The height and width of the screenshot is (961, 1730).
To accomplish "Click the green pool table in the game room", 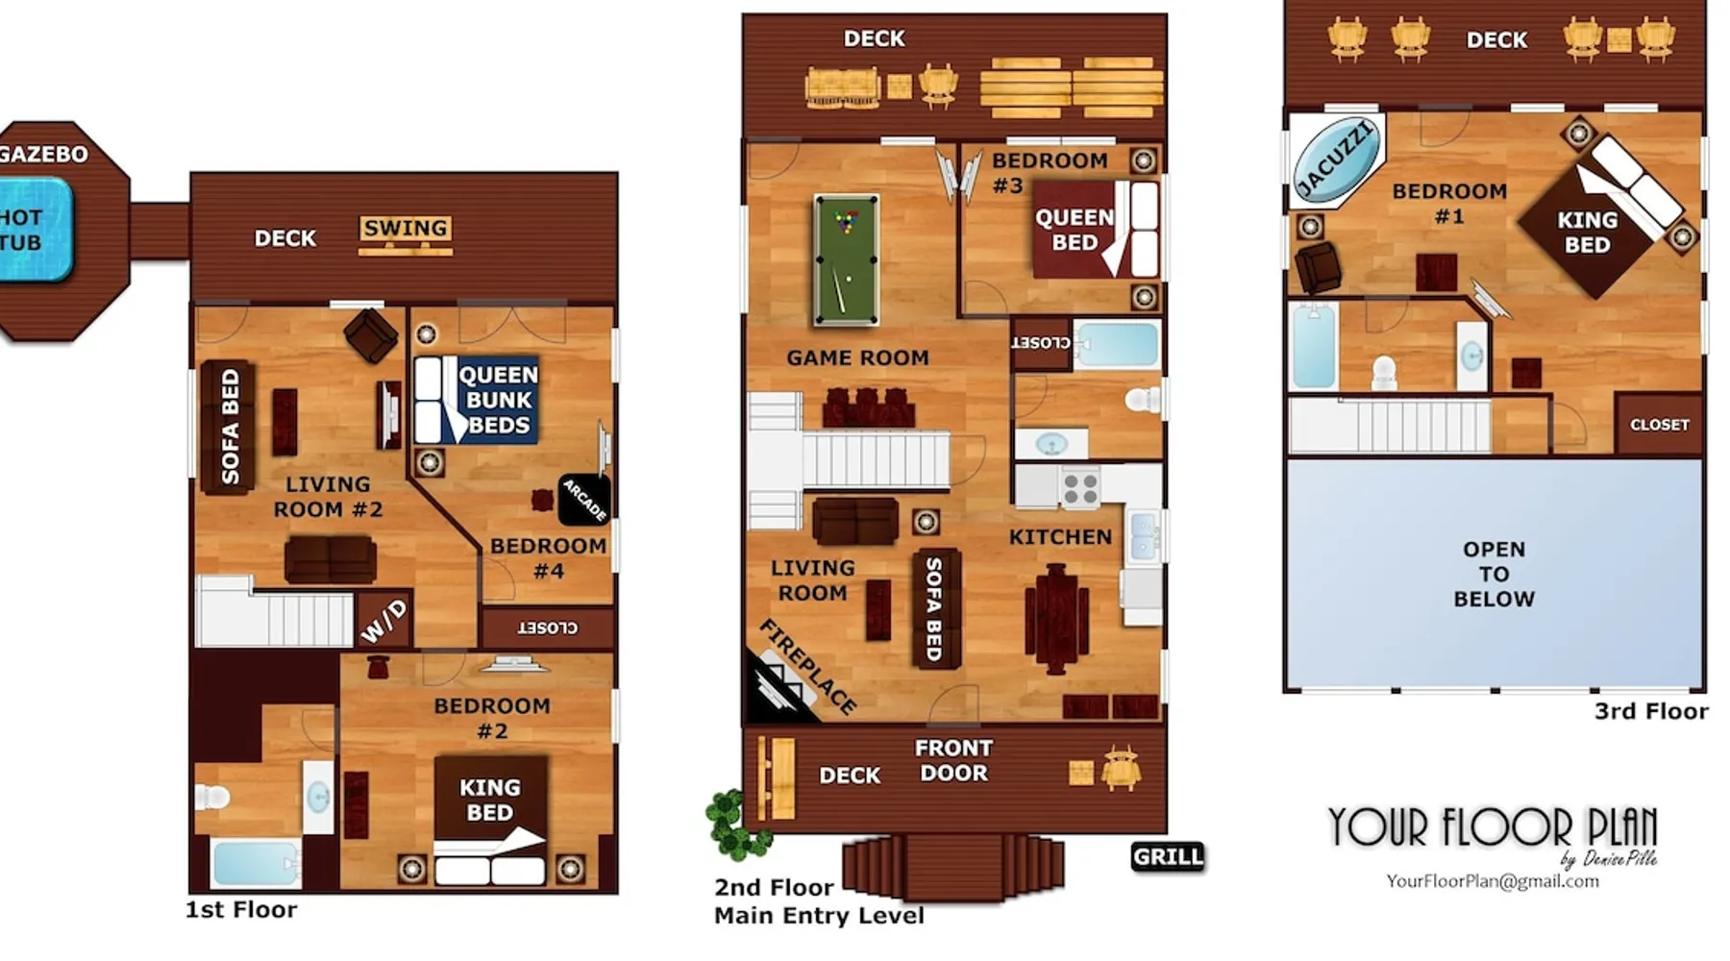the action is pos(846,260).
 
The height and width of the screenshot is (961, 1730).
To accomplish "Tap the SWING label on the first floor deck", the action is pos(405,229).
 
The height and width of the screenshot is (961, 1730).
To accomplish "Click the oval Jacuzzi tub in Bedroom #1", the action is pos(1336,160).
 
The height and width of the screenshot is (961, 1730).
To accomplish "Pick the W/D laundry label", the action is pos(384,621).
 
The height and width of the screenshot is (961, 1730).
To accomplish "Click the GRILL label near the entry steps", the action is pos(1168,856).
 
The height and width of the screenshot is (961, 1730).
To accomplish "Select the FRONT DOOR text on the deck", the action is pos(953,760).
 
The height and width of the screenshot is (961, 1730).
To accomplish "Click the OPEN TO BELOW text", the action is pos(1494,574).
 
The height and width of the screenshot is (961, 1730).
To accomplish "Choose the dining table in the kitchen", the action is pos(1056,618).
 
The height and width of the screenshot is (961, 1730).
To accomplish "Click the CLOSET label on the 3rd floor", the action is pos(1659,424).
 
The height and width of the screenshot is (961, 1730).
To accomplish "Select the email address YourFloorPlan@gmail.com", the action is pos(1493,881).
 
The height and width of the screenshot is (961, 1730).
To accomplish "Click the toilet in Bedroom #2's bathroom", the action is pos(212,797).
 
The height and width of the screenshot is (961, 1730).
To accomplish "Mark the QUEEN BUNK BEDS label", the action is pos(498,400).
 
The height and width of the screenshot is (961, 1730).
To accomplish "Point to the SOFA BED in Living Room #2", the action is pos(229,427).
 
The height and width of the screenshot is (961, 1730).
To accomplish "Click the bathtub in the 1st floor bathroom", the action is pos(255,863).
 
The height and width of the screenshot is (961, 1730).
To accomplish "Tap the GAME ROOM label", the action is pos(857,357).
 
